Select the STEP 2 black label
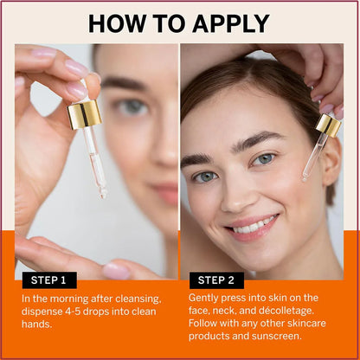216,280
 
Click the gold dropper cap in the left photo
84,113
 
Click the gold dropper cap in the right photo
328,125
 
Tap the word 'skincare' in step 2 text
315,326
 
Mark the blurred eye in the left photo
132,107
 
